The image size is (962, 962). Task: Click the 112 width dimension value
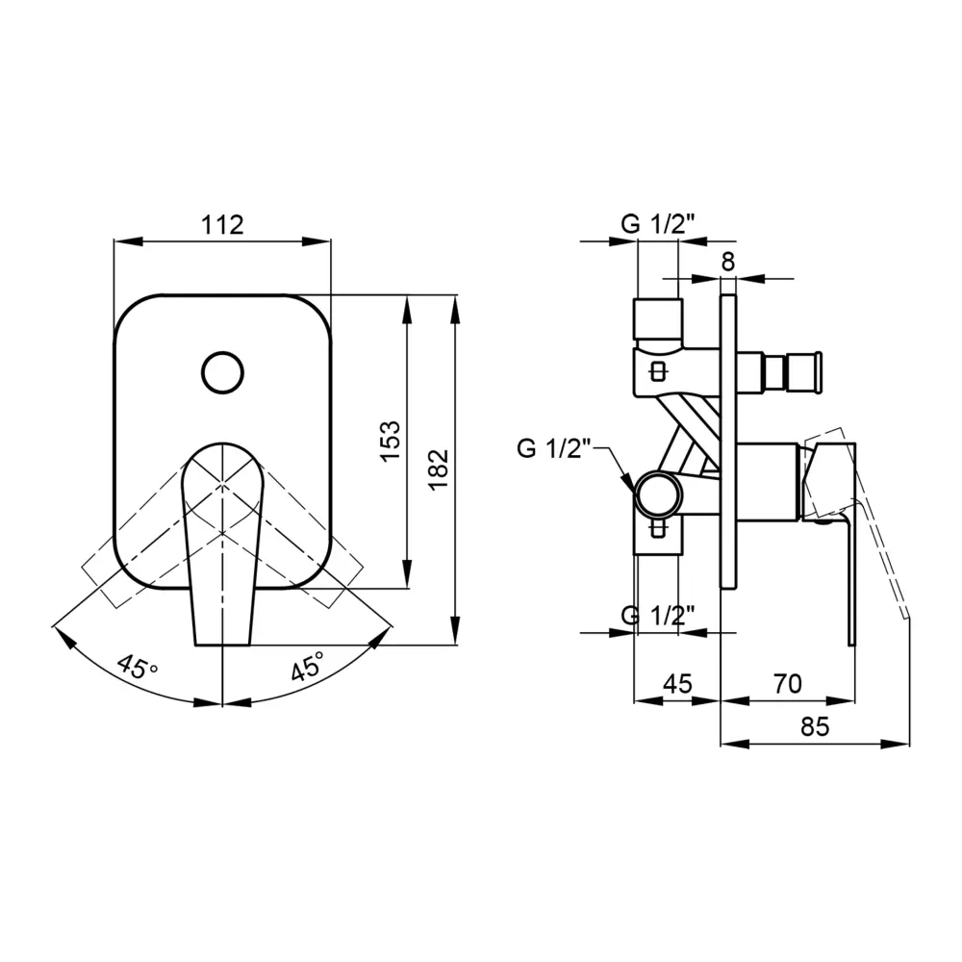tap(223, 224)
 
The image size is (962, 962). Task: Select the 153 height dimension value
tap(390, 442)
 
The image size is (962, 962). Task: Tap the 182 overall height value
tap(439, 469)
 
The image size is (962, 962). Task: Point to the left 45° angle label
tap(138, 667)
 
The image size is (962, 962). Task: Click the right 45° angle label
tap(308, 666)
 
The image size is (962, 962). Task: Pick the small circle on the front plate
tap(223, 372)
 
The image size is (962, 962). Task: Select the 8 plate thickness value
tap(727, 262)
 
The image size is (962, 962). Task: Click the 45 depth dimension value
tap(677, 683)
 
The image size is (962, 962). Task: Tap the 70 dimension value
tap(787, 683)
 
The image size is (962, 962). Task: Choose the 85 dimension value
tap(815, 726)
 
